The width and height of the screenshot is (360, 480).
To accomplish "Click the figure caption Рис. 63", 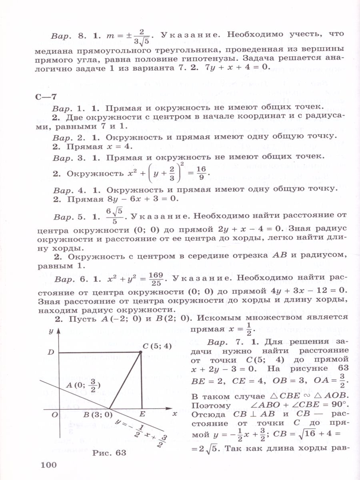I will [x=109, y=453].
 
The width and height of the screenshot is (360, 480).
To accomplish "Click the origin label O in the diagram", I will [x=55, y=414].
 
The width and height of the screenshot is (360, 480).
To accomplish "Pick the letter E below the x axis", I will [x=143, y=414].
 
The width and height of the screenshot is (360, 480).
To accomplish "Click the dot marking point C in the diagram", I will [x=141, y=352].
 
